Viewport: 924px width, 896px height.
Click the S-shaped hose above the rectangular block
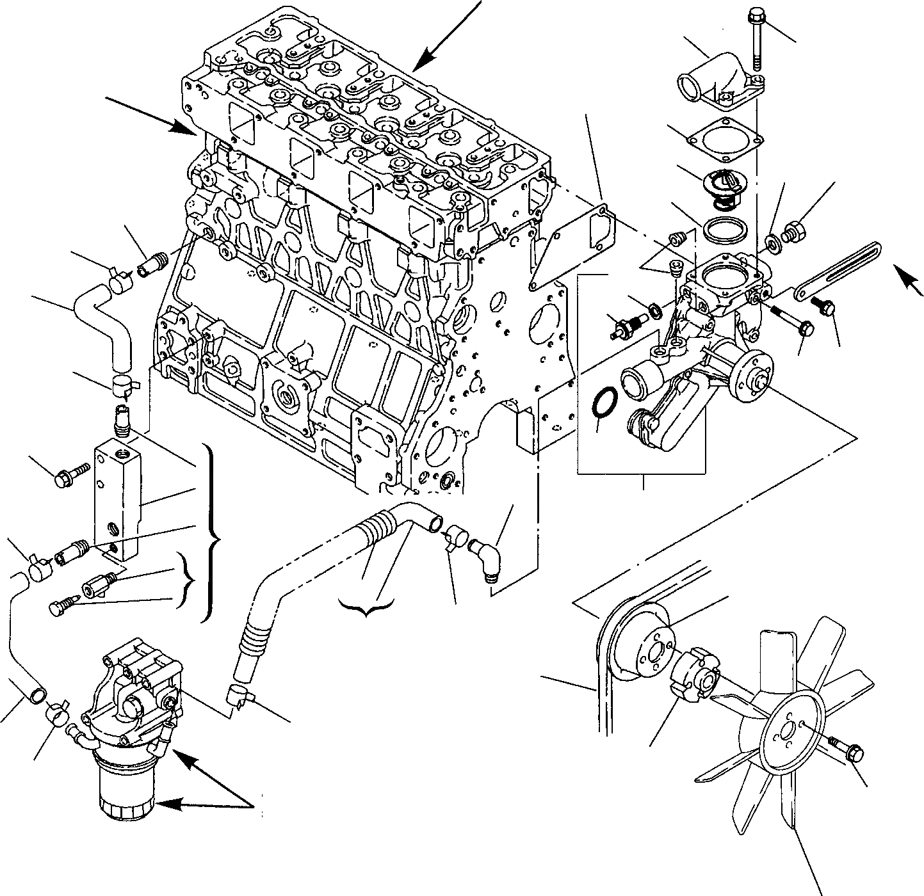pos(102,326)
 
